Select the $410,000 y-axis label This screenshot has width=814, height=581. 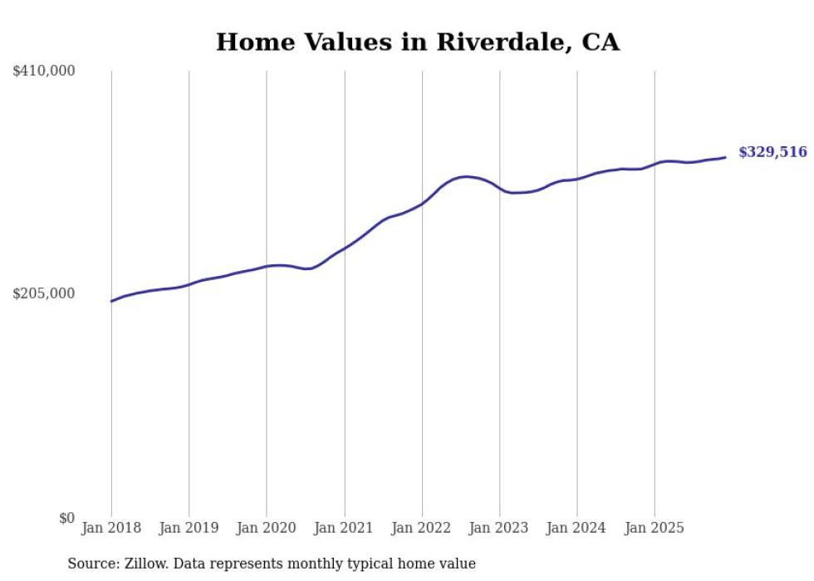pyautogui.click(x=44, y=71)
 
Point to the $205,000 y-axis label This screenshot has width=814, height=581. pyautogui.click(x=44, y=293)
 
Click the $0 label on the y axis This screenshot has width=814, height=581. pyautogui.click(x=66, y=518)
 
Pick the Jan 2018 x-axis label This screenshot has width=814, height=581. pyautogui.click(x=111, y=528)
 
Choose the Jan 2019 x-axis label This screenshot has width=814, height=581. pyautogui.click(x=189, y=528)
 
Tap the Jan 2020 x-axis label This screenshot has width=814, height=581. pyautogui.click(x=267, y=528)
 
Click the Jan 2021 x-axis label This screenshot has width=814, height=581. pyautogui.click(x=345, y=528)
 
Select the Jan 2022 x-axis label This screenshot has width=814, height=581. pyautogui.click(x=422, y=528)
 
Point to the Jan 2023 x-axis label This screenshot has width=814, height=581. pyautogui.click(x=500, y=528)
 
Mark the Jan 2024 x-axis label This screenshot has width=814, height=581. pyautogui.click(x=577, y=528)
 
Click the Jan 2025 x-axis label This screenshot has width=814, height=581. pyautogui.click(x=655, y=528)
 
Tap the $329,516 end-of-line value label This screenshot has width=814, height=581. pyautogui.click(x=772, y=152)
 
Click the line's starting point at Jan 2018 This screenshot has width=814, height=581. pyautogui.click(x=111, y=301)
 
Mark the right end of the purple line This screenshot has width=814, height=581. pyautogui.click(x=725, y=157)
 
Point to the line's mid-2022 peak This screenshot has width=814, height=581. pyautogui.click(x=467, y=176)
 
